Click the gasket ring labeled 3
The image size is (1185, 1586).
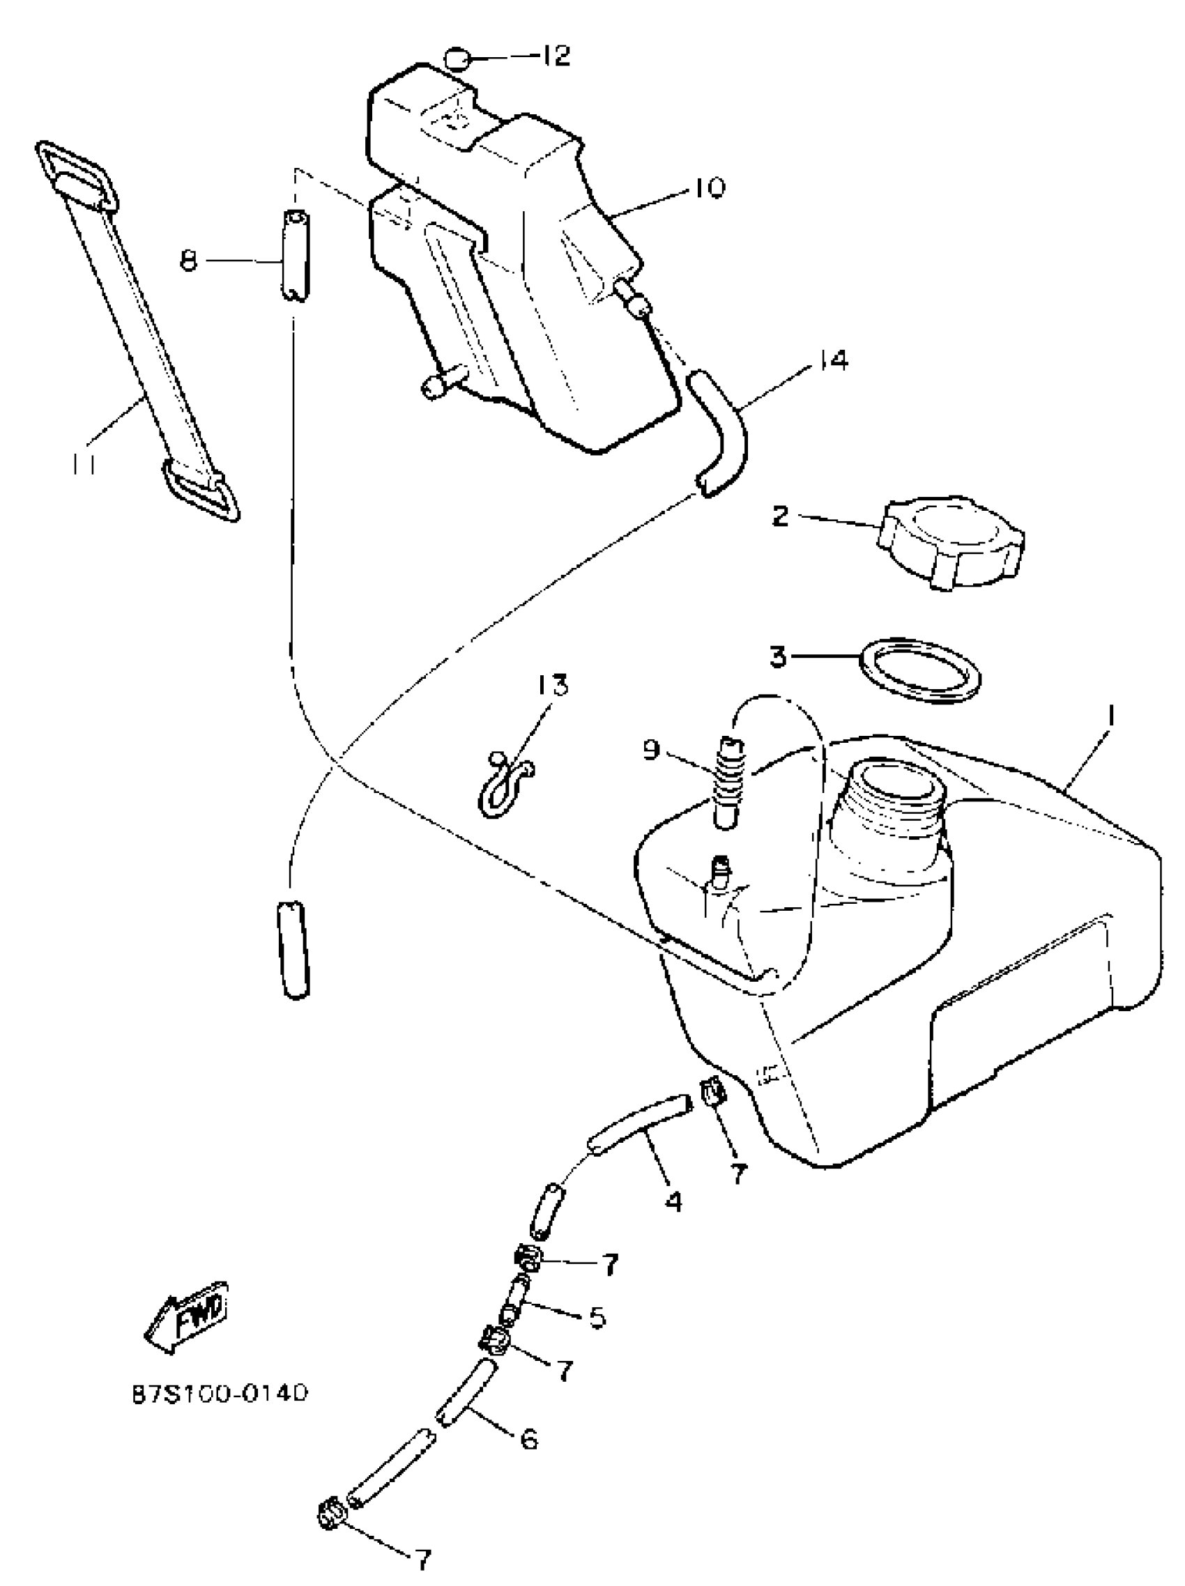coord(919,669)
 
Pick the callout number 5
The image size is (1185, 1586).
coord(596,1318)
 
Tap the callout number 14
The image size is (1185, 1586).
coord(830,361)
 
